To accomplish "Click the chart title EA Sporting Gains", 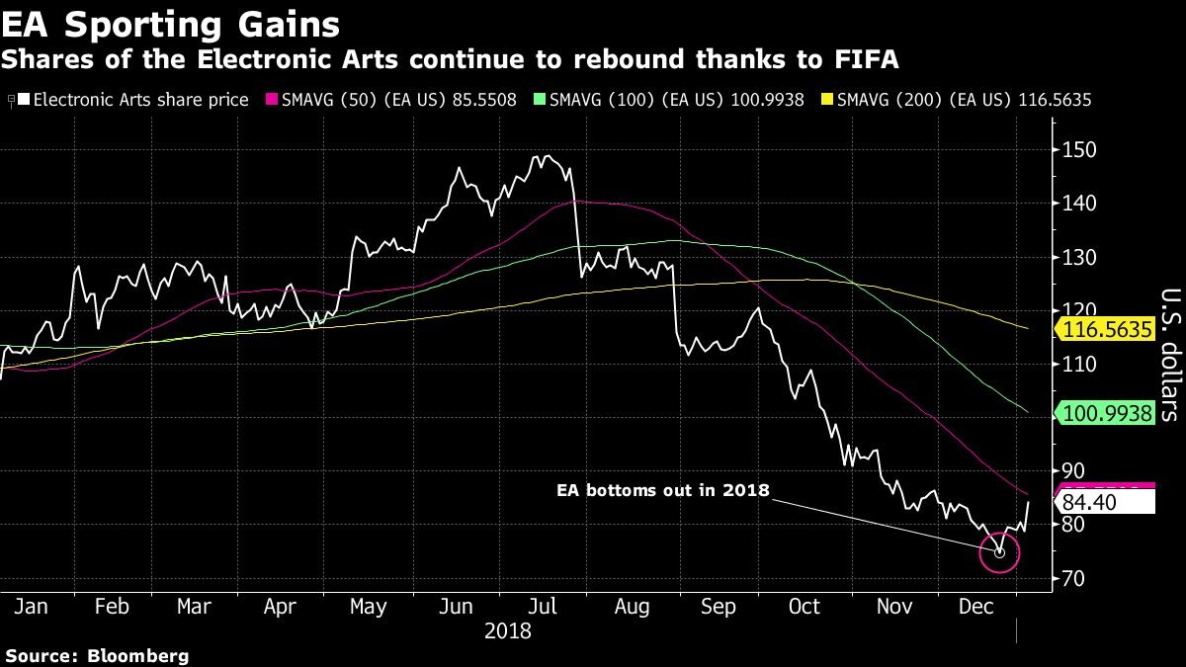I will (x=171, y=23).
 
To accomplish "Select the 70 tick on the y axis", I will (x=1076, y=578).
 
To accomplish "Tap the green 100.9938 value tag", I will (x=1110, y=413).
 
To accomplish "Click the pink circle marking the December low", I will (x=999, y=552).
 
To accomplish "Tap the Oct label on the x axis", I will (x=805, y=606).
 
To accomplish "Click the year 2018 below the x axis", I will (x=509, y=630).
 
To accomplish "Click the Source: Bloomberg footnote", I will (x=97, y=655).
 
